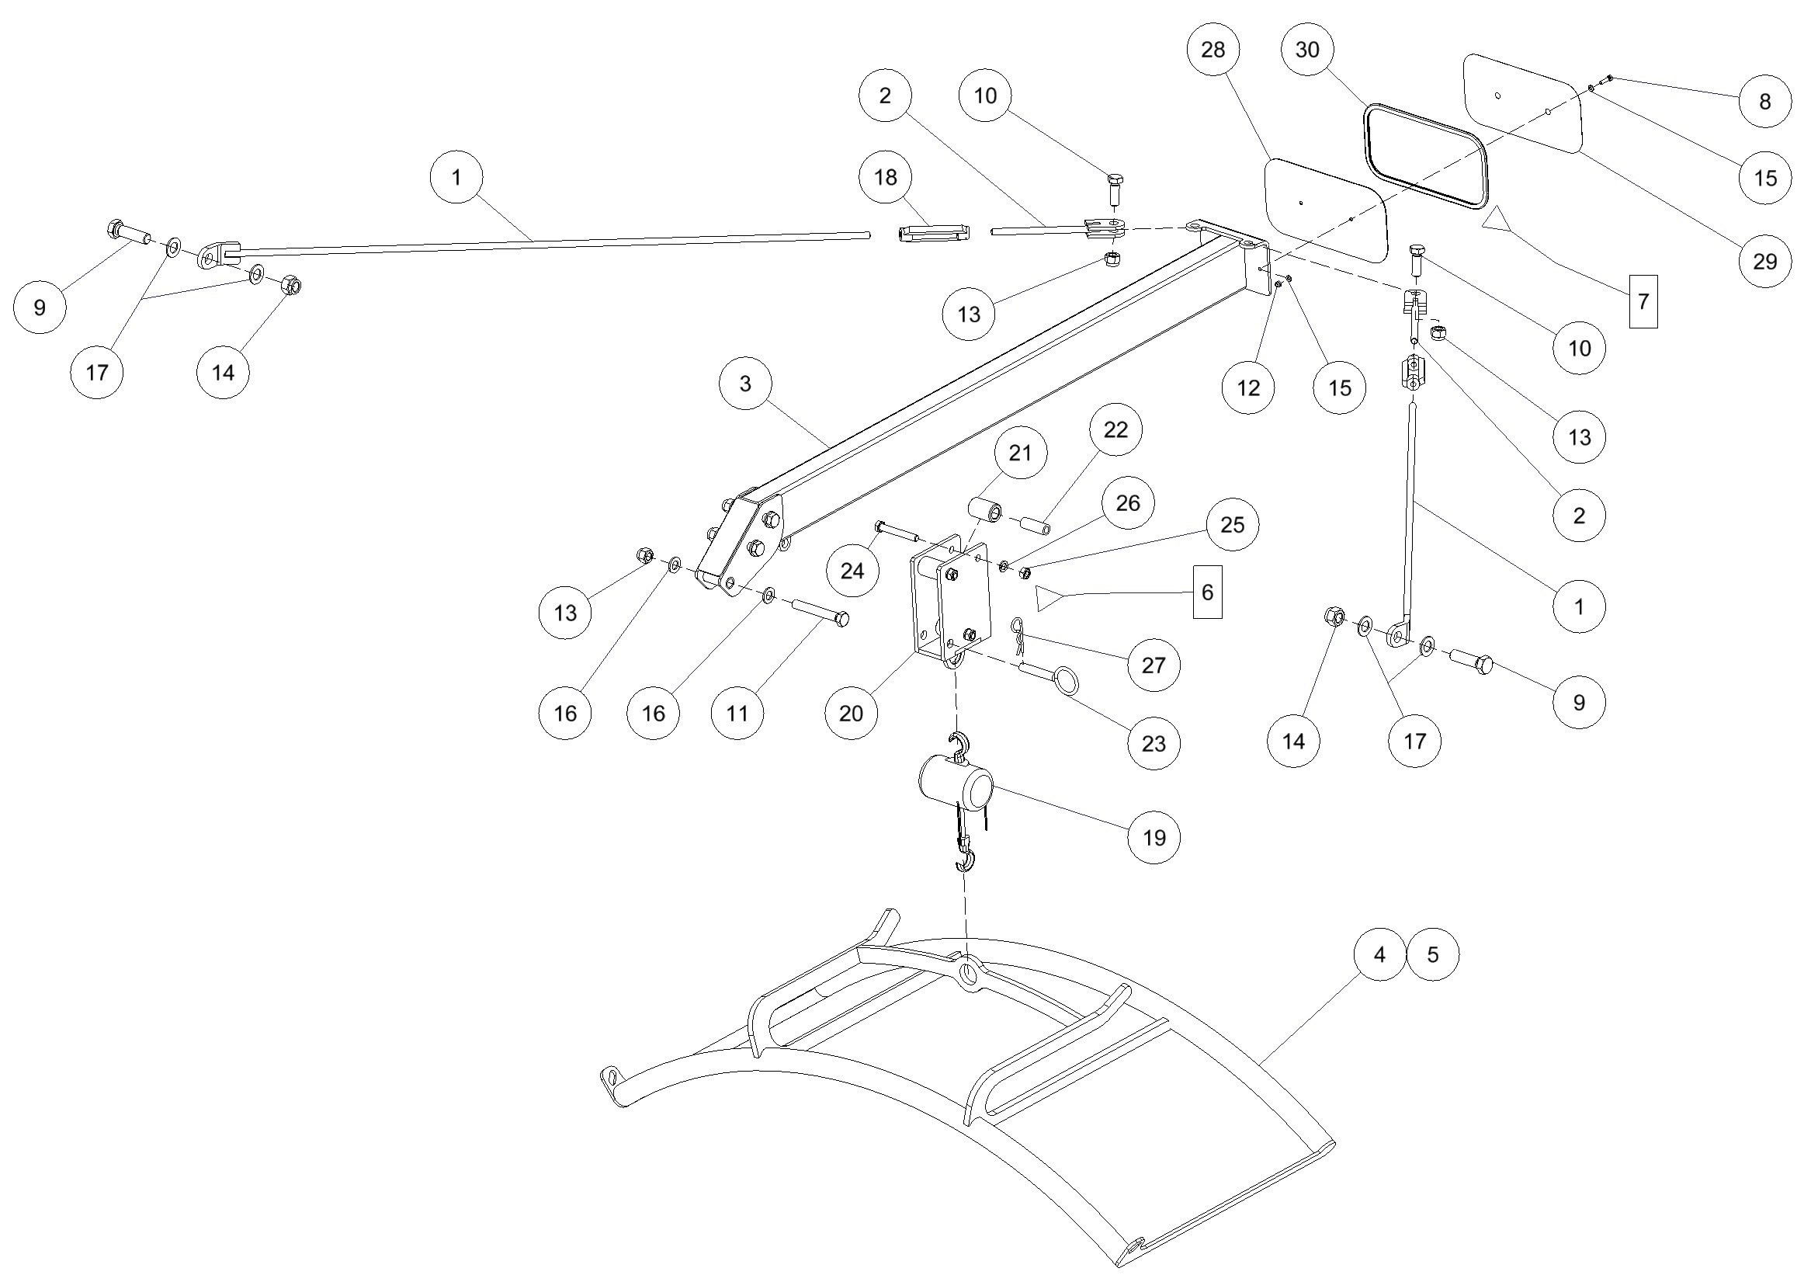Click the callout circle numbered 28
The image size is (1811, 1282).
[1213, 50]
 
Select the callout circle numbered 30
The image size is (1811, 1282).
[1307, 50]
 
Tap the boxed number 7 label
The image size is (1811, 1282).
[1643, 301]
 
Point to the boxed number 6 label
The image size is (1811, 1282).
[1207, 592]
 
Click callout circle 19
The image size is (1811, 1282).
[1154, 838]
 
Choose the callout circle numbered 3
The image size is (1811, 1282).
[746, 384]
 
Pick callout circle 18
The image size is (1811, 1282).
[886, 177]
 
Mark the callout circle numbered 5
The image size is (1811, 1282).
[1433, 954]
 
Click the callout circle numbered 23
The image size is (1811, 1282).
[1154, 744]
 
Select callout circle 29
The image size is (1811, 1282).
[1765, 262]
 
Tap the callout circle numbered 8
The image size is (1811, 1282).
[1765, 102]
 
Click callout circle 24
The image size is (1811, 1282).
[852, 571]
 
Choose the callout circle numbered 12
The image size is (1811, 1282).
[1248, 387]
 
